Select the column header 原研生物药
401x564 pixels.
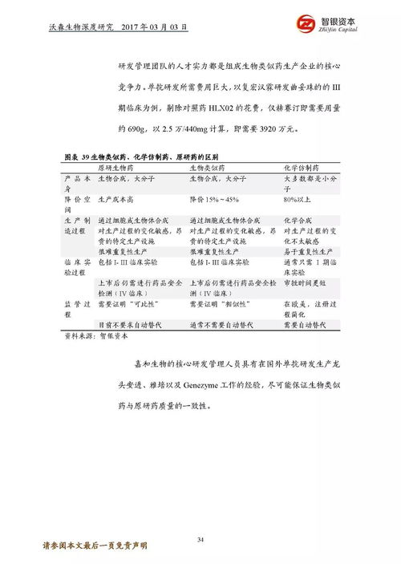[x=116, y=168]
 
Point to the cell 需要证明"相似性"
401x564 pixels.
[x=218, y=306]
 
